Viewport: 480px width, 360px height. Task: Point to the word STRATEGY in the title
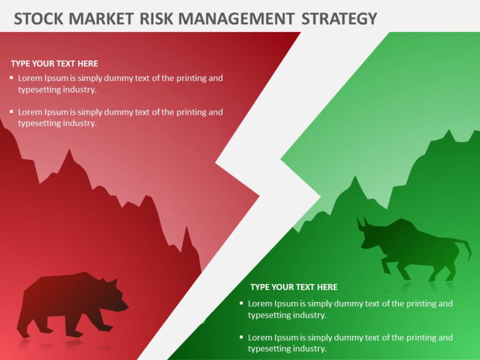pos(339,19)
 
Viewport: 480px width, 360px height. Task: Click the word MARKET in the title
pos(101,19)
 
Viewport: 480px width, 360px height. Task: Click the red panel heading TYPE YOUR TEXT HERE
pos(55,64)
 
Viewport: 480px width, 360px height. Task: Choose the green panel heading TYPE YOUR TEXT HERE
pos(294,287)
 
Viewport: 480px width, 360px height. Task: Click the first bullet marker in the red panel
pos(11,78)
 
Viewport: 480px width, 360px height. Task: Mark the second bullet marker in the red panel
pos(11,111)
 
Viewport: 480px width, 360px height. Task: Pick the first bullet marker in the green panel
pos(241,303)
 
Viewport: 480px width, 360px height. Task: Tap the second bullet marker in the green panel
pos(241,337)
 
